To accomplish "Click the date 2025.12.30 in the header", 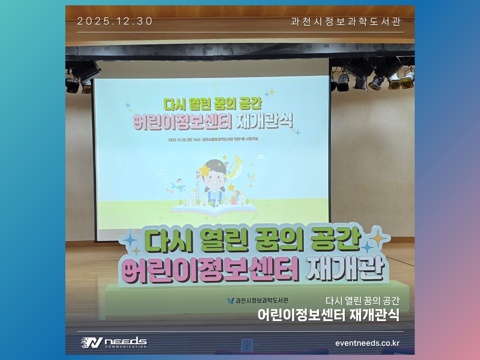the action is click(x=115, y=21).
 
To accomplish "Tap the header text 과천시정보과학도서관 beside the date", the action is click(x=346, y=21).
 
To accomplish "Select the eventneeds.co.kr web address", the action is click(x=367, y=343).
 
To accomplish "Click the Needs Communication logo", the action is click(x=114, y=342).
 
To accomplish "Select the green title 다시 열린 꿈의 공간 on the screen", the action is click(x=212, y=103).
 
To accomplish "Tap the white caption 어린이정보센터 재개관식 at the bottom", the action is click(x=328, y=315).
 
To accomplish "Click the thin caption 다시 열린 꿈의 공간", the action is click(x=362, y=301).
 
